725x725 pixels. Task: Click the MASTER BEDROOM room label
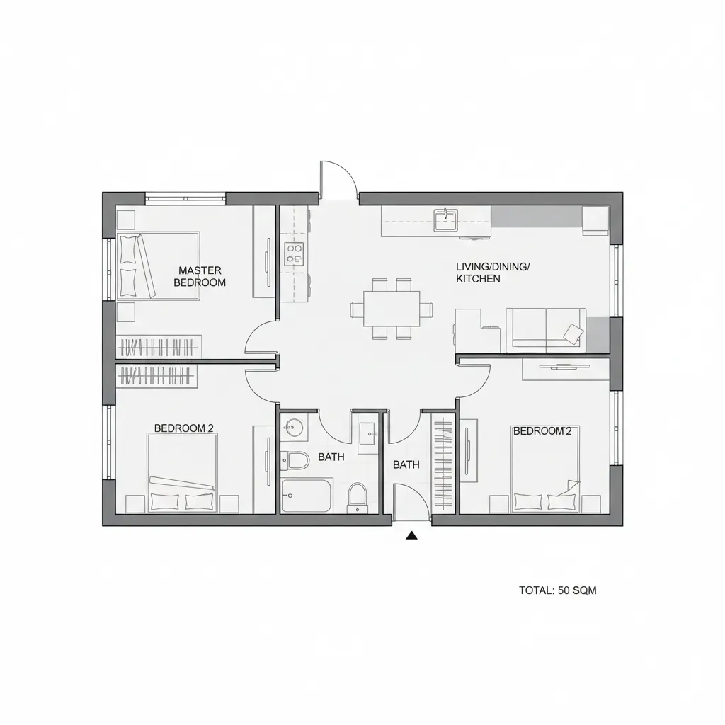[x=200, y=276]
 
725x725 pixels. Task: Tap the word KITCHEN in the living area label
[x=478, y=279]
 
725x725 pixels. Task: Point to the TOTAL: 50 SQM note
[x=557, y=590]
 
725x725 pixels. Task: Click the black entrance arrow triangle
[x=411, y=536]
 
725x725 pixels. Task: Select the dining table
[x=392, y=309]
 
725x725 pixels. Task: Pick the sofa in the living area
[x=546, y=329]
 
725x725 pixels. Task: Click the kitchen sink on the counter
[x=446, y=219]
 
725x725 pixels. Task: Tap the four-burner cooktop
[x=294, y=253]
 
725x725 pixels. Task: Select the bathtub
[x=307, y=495]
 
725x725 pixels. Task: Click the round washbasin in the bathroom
[x=294, y=427]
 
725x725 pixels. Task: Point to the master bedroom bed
[x=159, y=266]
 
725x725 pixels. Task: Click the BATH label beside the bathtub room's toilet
[x=331, y=457]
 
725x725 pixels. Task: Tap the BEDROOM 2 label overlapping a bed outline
[x=542, y=430]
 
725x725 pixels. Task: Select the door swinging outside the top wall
[x=338, y=180]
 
